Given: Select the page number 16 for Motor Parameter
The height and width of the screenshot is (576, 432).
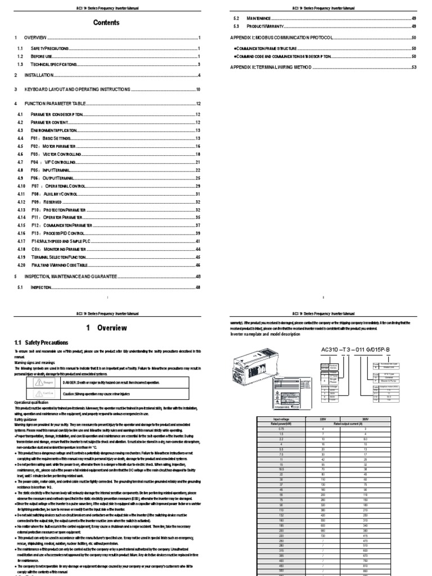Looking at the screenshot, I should (199, 146).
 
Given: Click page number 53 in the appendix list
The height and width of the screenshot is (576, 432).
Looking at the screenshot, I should (414, 67).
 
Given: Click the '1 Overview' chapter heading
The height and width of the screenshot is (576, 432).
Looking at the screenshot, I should (106, 328).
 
